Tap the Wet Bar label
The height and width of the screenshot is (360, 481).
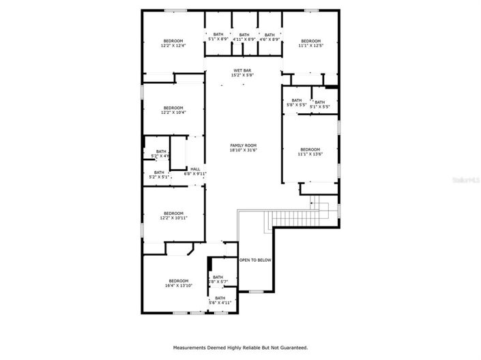coord(243,73)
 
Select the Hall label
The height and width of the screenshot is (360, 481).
coord(195,171)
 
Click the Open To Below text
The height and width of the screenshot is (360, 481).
coord(255,260)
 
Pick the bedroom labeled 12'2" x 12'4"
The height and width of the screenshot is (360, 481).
coord(173,44)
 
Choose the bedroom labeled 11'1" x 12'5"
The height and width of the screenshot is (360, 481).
coord(310,44)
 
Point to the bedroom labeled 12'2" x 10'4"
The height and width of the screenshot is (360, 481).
coord(173,110)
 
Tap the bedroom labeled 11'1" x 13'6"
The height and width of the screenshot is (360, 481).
coord(310,152)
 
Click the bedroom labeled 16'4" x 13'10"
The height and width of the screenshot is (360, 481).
coord(178,284)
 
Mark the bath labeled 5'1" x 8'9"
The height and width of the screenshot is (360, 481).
coord(218,37)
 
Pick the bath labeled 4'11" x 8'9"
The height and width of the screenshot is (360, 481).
coord(244,37)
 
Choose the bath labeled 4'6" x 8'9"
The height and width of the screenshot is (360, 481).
coord(269,37)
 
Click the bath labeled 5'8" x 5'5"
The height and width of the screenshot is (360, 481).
coord(296,104)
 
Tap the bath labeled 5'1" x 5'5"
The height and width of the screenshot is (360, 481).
coord(320,104)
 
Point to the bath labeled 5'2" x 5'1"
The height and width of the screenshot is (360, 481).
coord(159,175)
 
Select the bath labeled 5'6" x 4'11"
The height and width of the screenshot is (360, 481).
coord(220,301)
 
